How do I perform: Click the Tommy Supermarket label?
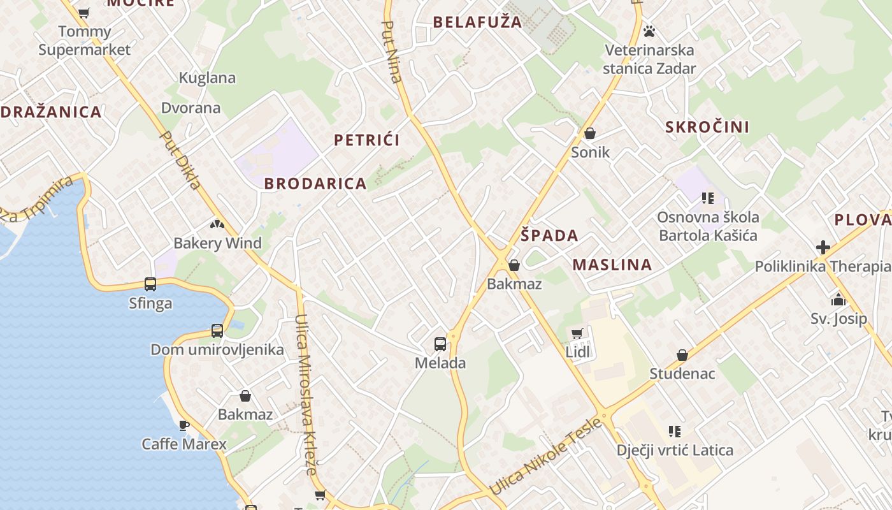pyautogui.click(x=84, y=40)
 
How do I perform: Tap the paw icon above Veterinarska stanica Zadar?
pyautogui.click(x=649, y=31)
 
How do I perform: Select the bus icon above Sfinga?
pyautogui.click(x=150, y=284)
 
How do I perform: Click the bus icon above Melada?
pyautogui.click(x=440, y=344)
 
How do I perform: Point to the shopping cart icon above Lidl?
pyautogui.click(x=577, y=333)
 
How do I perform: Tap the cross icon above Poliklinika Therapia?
pyautogui.click(x=823, y=247)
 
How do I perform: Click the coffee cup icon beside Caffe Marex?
pyautogui.click(x=184, y=425)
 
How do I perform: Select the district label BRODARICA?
pyautogui.click(x=315, y=184)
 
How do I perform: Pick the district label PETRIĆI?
pyautogui.click(x=367, y=140)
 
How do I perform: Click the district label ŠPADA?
pyautogui.click(x=549, y=235)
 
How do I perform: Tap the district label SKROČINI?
pyautogui.click(x=707, y=127)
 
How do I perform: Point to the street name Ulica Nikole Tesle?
pyautogui.click(x=546, y=456)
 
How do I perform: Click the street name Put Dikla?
pyautogui.click(x=181, y=161)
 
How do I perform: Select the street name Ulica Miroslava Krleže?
pyautogui.click(x=306, y=395)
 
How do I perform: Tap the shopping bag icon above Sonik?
pyautogui.click(x=590, y=133)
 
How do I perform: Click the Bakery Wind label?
pyautogui.click(x=217, y=243)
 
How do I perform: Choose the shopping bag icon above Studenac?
pyautogui.click(x=682, y=355)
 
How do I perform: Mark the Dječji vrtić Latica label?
pyautogui.click(x=675, y=450)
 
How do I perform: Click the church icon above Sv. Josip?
pyautogui.click(x=838, y=300)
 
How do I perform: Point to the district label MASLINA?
pyautogui.click(x=612, y=265)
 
